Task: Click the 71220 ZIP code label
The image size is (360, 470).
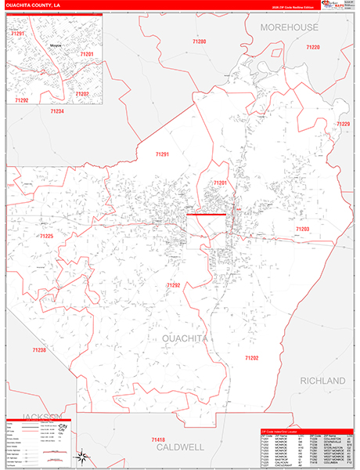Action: (x=312, y=48)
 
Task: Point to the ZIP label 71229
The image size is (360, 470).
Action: (x=343, y=125)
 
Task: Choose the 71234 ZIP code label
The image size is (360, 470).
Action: (x=56, y=111)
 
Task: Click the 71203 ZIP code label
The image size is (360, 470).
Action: (x=302, y=229)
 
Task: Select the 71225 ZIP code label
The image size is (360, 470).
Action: (x=46, y=235)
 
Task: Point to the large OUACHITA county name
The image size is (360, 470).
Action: (x=185, y=338)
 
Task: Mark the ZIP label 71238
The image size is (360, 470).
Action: (x=39, y=349)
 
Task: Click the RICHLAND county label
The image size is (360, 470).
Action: (x=322, y=380)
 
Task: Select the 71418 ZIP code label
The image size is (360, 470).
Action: (x=159, y=440)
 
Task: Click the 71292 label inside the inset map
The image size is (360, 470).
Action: (x=22, y=100)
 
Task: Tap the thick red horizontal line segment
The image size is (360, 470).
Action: (x=206, y=214)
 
